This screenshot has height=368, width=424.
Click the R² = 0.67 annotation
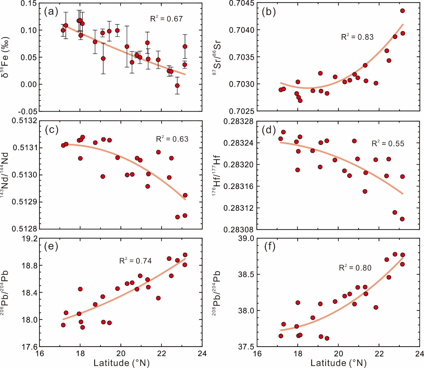166,19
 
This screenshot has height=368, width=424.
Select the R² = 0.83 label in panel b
357,37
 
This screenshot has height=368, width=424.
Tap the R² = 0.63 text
172,139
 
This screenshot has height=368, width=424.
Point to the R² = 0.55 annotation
388,144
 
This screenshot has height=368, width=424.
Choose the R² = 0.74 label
135,261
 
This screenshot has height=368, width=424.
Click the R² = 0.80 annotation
355,268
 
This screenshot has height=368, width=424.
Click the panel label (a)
51,12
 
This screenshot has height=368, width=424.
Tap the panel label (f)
269,246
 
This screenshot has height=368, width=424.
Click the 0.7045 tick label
241,3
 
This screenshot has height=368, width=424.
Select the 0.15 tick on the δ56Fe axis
29,3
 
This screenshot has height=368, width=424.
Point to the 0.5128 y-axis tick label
25,229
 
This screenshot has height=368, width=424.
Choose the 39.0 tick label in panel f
246,239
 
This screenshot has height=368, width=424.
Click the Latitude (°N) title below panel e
122,363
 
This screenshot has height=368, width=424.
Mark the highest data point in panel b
402,11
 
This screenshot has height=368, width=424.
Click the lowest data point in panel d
402,219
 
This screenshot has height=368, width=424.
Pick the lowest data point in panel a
177,86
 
